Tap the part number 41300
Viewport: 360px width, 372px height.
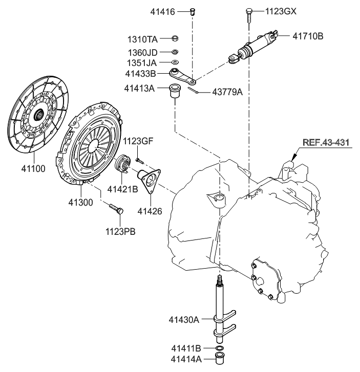tap(80, 202)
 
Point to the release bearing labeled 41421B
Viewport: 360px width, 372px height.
tap(122, 164)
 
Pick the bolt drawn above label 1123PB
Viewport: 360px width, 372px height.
tap(116, 208)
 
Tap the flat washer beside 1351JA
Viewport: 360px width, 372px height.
tap(175, 62)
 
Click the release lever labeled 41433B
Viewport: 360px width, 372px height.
tap(183, 76)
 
